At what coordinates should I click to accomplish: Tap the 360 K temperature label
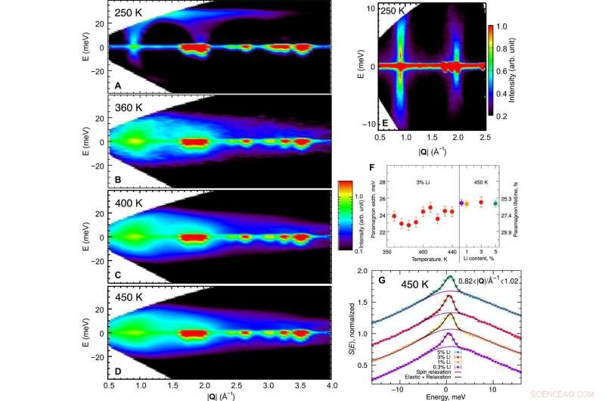131,109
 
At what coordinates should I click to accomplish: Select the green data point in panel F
517,203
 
